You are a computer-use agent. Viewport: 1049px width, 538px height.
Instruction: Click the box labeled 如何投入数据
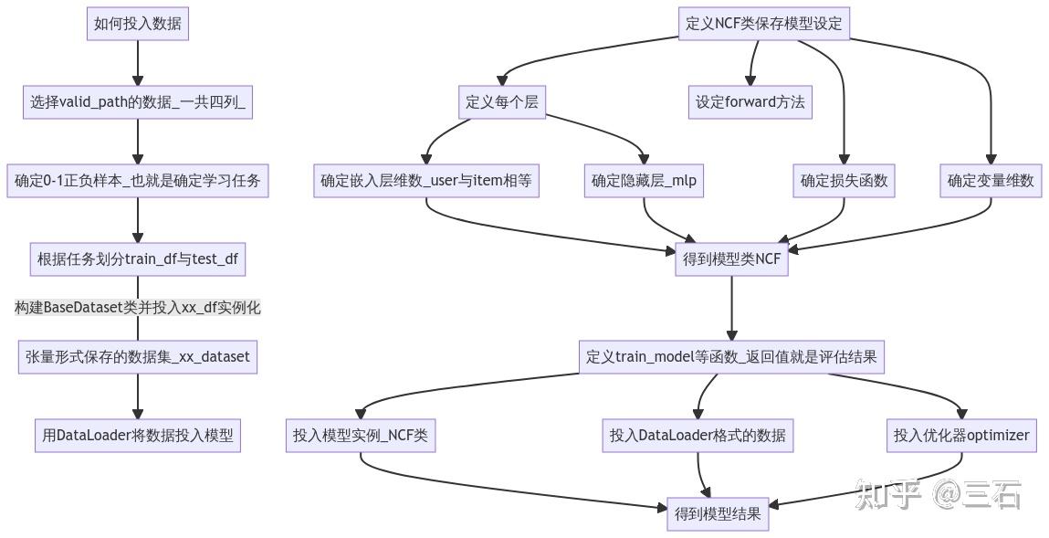coord(138,24)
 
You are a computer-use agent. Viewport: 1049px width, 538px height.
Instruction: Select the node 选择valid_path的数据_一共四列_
coord(138,102)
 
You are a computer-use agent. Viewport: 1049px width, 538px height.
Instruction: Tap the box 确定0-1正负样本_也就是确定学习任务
coord(138,181)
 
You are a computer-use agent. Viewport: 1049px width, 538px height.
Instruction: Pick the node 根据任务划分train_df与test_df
coord(138,259)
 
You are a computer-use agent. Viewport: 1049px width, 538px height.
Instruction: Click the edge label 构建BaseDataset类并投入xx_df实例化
coord(138,308)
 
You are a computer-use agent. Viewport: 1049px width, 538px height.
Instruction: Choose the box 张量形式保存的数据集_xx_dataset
coord(138,356)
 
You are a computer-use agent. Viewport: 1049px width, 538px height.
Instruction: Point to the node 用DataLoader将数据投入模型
coord(138,436)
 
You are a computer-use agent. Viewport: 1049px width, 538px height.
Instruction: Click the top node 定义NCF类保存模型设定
coord(764,24)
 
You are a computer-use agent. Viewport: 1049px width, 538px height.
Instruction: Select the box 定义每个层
coord(502,102)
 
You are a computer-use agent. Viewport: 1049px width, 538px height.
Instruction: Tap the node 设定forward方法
coord(750,102)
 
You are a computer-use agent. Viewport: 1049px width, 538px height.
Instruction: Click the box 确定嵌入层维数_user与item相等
coord(426,181)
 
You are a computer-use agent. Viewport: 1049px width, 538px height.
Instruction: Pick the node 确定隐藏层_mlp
coord(644,181)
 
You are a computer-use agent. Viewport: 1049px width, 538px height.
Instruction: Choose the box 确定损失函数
coord(844,181)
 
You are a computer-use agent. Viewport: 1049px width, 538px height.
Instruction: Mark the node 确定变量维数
coord(991,181)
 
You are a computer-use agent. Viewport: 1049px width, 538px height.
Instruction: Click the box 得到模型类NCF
coord(731,259)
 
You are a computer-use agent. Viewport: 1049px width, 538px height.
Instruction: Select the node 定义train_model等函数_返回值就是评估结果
coord(731,356)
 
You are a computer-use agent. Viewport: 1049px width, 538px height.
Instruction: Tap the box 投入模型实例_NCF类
coord(360,436)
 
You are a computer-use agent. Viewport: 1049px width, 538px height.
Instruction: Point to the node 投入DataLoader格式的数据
coord(698,436)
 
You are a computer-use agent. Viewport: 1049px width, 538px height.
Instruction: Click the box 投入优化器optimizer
coord(961,436)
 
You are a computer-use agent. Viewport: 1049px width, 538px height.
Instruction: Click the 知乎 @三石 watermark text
coord(939,495)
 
